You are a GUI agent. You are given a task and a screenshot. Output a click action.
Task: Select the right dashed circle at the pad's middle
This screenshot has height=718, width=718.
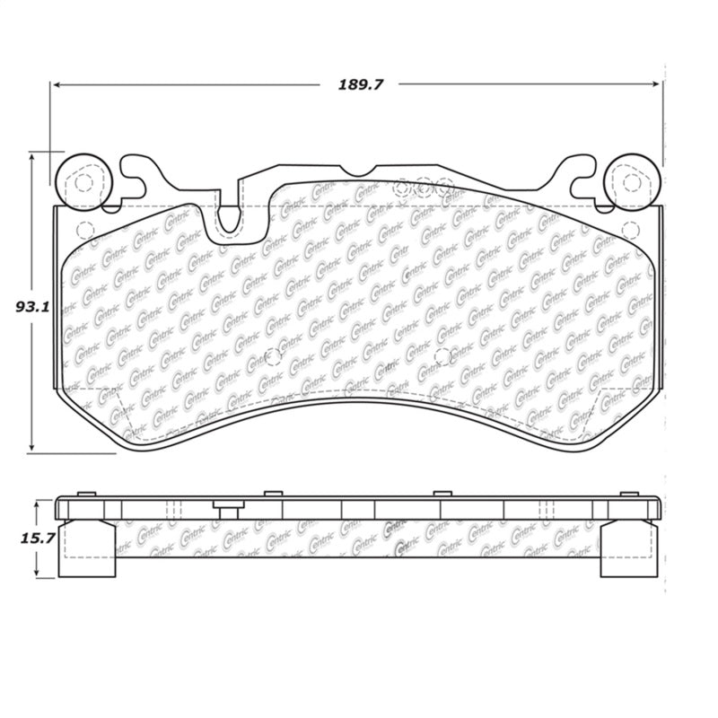click(x=442, y=357)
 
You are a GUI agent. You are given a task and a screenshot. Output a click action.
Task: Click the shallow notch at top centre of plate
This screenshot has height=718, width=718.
click(x=357, y=171)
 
